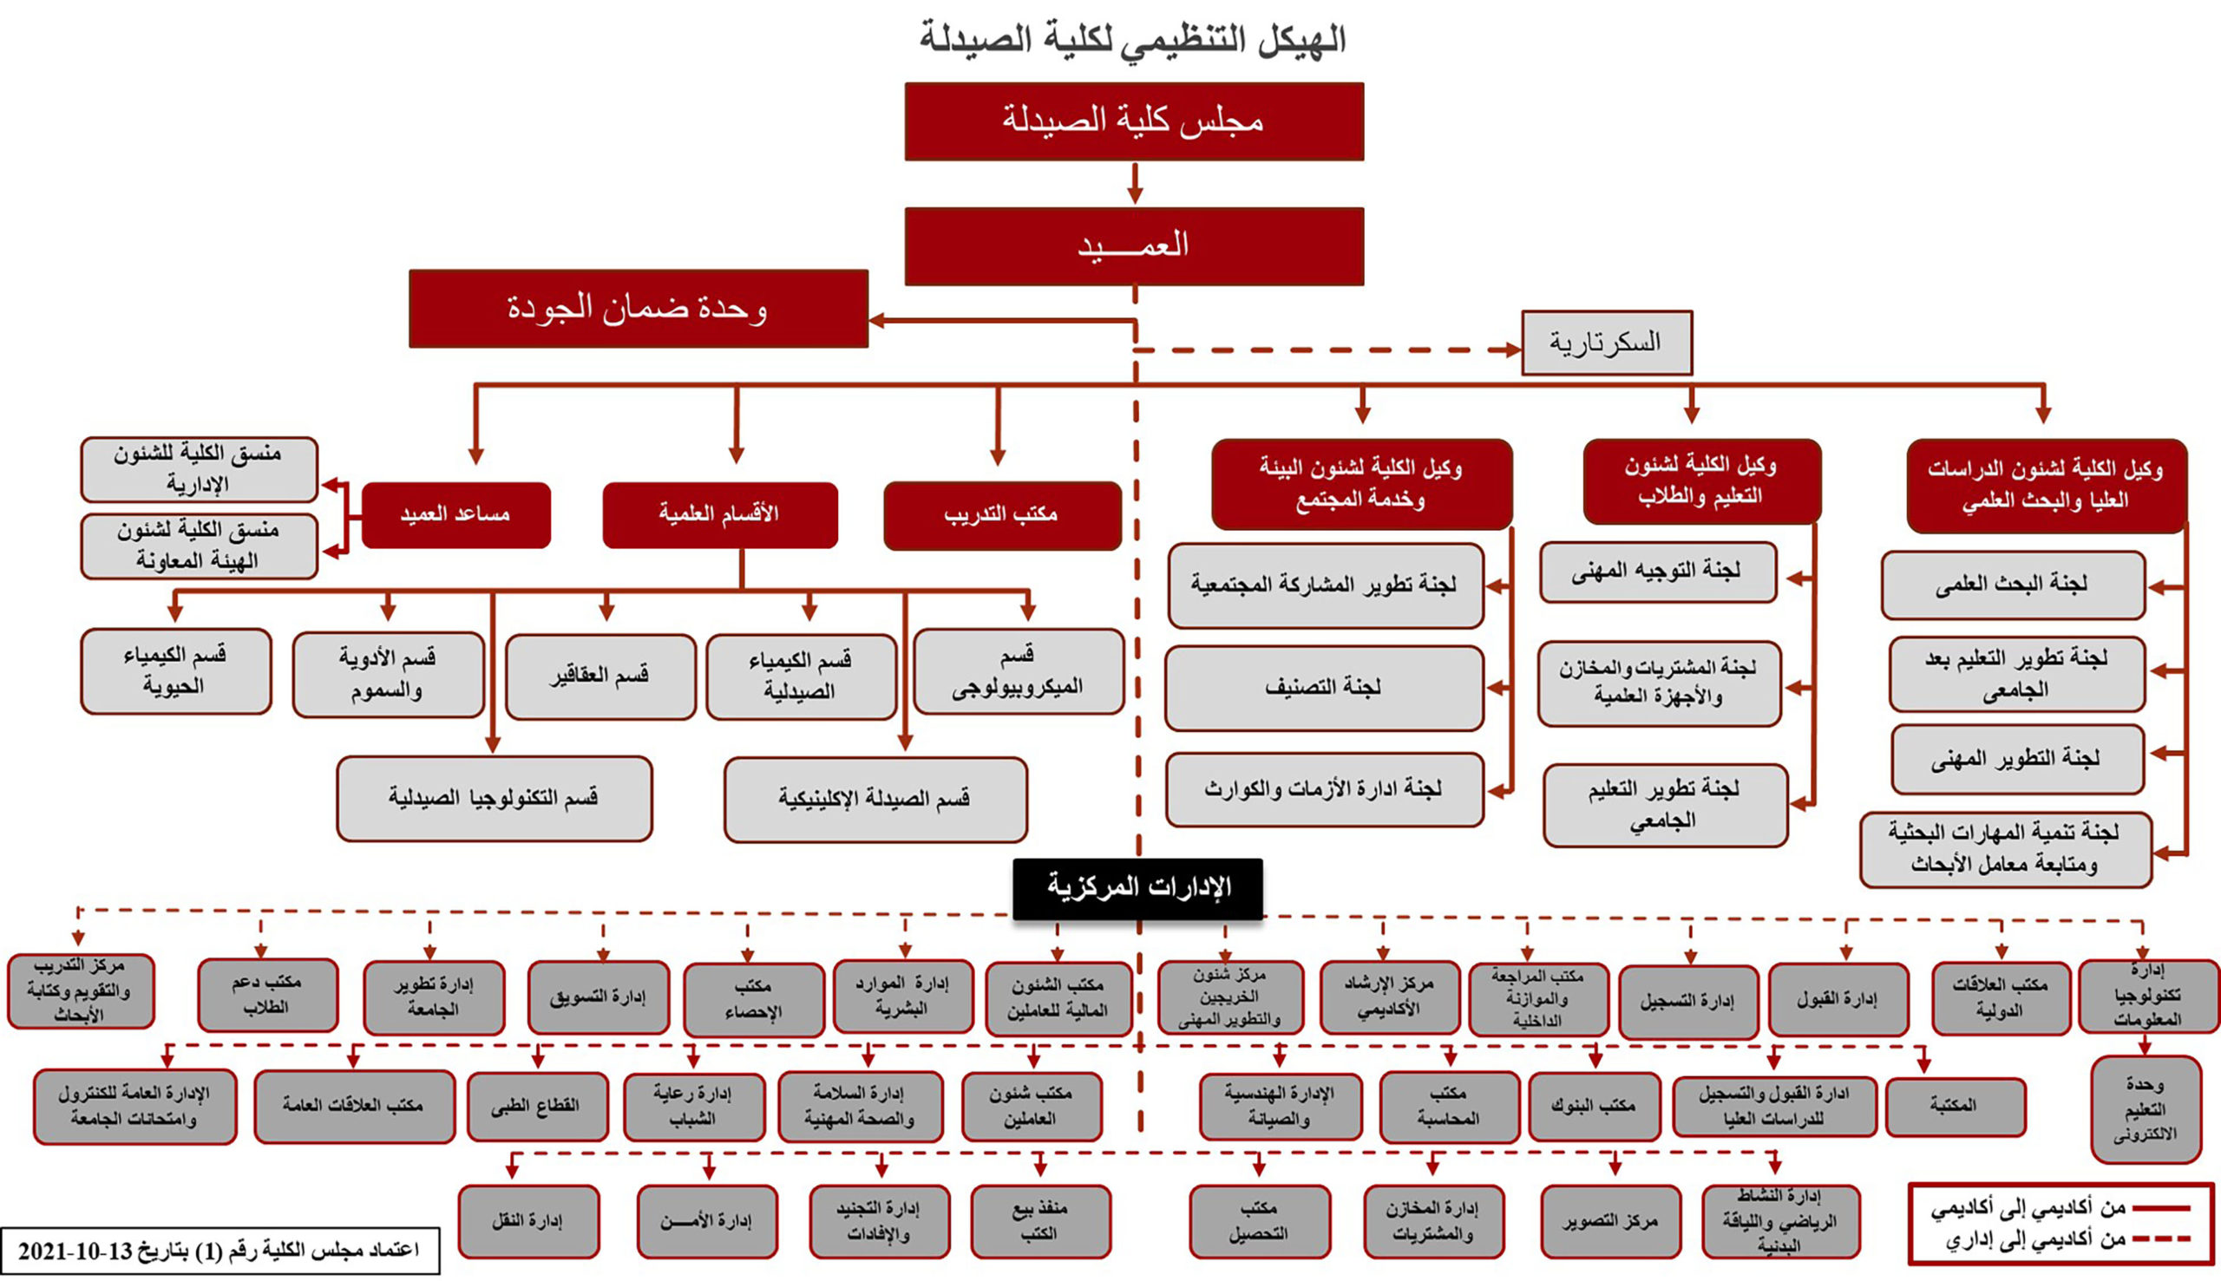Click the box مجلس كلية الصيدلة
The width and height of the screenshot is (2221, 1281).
point(1133,121)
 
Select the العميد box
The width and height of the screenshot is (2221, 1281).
point(1133,246)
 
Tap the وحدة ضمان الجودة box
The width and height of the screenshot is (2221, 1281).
point(638,309)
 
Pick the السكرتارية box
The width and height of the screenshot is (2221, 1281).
point(1606,343)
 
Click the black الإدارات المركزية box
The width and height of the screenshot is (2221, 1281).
point(1137,889)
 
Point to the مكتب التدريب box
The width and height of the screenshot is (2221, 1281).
point(1001,515)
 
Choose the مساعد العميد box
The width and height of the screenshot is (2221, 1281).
point(455,515)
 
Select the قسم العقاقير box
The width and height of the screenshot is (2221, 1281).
point(600,676)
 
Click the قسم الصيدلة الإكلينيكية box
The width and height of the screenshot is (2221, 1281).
point(875,799)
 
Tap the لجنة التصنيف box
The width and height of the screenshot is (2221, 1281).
point(1323,688)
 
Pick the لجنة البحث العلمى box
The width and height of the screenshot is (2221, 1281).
point(2012,585)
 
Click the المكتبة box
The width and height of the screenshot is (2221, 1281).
point(1956,1106)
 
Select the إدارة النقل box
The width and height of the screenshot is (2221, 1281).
point(528,1221)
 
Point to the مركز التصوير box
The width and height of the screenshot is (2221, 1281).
point(1610,1222)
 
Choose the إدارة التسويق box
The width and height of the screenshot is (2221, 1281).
point(599,997)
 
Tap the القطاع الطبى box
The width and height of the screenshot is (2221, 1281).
point(537,1106)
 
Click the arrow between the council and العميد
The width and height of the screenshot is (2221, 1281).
point(1135,184)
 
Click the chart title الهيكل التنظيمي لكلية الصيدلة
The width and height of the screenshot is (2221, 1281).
point(1133,39)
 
